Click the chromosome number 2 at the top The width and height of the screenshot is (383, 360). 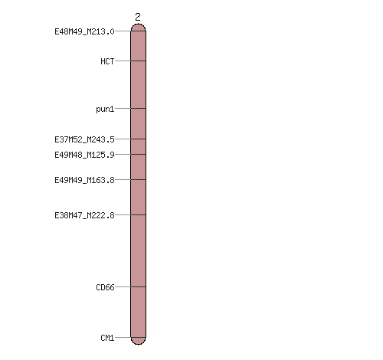point(138,17)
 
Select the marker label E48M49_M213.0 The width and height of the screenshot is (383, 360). point(84,31)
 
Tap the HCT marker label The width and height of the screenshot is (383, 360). point(107,61)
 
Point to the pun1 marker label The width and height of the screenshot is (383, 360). point(105,110)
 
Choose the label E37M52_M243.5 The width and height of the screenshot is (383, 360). point(84,139)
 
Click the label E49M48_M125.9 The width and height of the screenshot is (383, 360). point(84,155)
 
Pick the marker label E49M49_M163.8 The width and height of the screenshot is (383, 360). point(84,180)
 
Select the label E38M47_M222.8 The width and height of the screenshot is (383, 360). point(84,215)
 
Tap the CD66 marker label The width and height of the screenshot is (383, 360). point(105,287)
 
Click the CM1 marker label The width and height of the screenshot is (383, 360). point(107,338)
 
